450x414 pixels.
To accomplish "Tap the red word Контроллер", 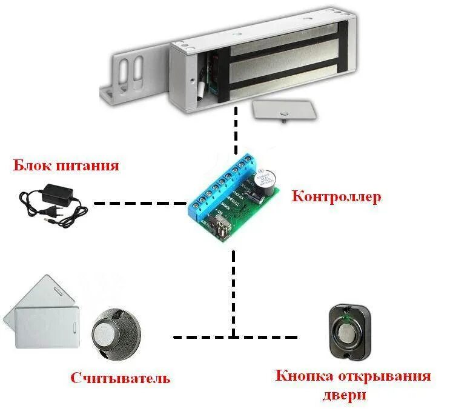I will tap(336, 197).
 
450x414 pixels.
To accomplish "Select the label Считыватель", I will tap(120, 379).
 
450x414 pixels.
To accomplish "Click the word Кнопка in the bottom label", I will tap(301, 376).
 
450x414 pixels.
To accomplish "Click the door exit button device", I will tap(348, 332).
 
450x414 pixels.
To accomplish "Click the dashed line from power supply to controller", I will tap(139, 203).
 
